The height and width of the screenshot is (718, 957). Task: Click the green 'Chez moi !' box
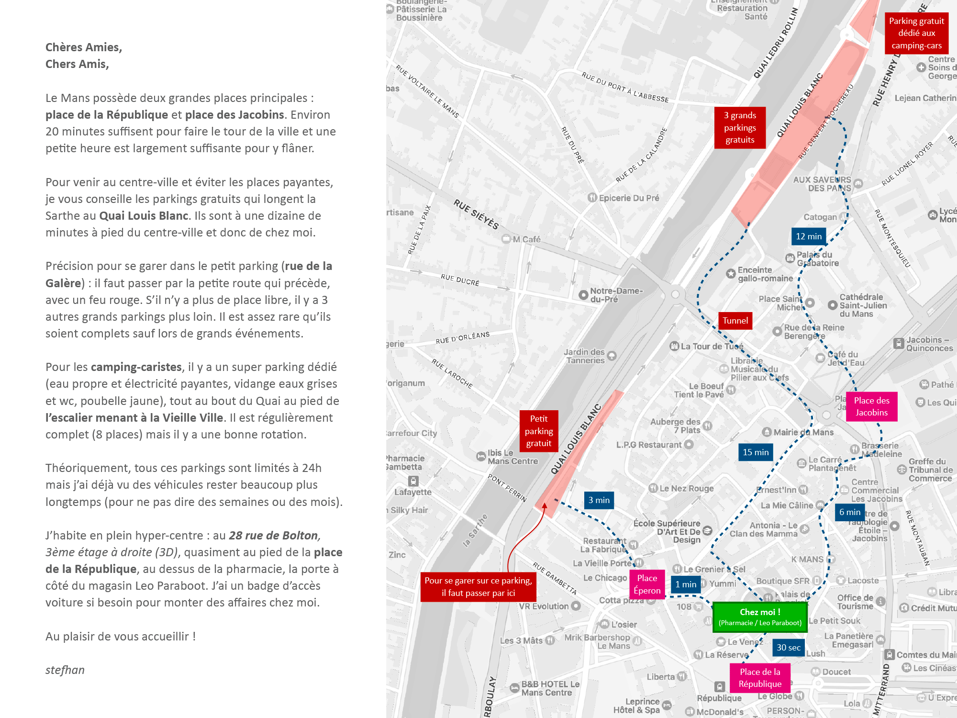coord(760,617)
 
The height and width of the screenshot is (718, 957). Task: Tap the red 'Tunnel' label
coord(735,321)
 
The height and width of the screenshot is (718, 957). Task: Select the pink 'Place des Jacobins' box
coord(871,406)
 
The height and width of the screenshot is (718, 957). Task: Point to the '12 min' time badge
coord(809,236)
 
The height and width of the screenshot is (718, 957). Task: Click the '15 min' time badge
coord(756,452)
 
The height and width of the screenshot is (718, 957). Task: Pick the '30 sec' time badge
coord(788,648)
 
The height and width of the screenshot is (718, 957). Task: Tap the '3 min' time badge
coord(599,500)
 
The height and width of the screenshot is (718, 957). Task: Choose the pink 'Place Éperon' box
coord(647,584)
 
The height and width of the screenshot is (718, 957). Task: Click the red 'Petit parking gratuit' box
coord(539,431)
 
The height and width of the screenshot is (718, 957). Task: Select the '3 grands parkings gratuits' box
coord(740,128)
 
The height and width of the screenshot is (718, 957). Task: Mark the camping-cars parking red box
coord(916,33)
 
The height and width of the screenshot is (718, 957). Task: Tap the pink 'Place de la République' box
coord(760,678)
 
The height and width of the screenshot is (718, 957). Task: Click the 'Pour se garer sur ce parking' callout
coord(478,587)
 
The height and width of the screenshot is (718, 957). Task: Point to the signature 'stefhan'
coord(65,670)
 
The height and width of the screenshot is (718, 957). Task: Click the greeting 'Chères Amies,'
coord(84,47)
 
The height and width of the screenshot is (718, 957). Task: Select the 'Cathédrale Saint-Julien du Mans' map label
coord(863,305)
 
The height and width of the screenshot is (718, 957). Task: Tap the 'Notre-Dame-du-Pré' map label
coord(616,295)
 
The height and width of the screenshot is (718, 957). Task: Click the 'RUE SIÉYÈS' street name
coord(476,214)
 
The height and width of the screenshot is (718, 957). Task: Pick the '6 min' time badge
coord(850,512)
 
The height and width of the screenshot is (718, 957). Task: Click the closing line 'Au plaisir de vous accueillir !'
coord(121,637)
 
